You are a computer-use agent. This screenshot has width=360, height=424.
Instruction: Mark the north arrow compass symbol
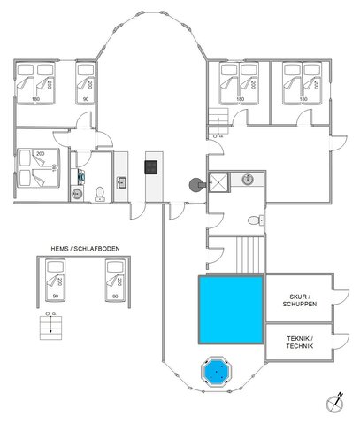334,403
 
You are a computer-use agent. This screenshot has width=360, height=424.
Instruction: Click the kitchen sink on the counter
121,184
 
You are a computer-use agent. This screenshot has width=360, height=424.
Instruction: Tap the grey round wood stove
194,185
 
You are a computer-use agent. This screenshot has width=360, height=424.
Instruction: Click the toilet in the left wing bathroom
100,193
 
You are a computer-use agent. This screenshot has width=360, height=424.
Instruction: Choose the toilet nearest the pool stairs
255,220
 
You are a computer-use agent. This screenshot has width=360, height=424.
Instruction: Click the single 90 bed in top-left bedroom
86,84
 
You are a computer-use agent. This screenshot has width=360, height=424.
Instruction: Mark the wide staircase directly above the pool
252,255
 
